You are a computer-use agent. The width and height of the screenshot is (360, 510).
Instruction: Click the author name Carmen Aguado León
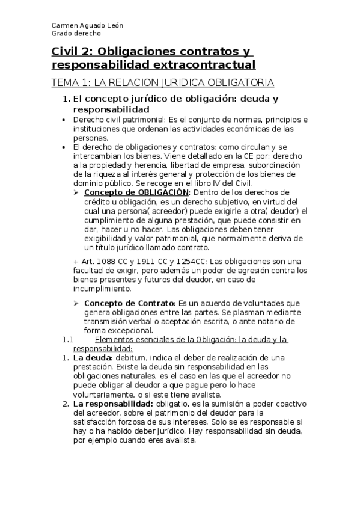click(x=87, y=26)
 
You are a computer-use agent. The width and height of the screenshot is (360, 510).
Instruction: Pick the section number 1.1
click(x=67, y=340)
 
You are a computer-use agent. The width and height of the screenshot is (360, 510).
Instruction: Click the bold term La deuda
click(x=88, y=358)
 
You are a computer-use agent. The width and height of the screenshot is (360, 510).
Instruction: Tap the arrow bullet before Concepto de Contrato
click(x=76, y=303)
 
